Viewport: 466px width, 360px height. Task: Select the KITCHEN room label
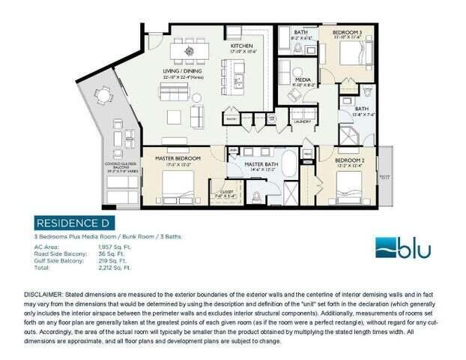coord(241,46)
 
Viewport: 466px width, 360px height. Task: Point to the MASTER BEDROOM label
coord(177,159)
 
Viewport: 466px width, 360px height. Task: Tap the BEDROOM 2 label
coord(349,161)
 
